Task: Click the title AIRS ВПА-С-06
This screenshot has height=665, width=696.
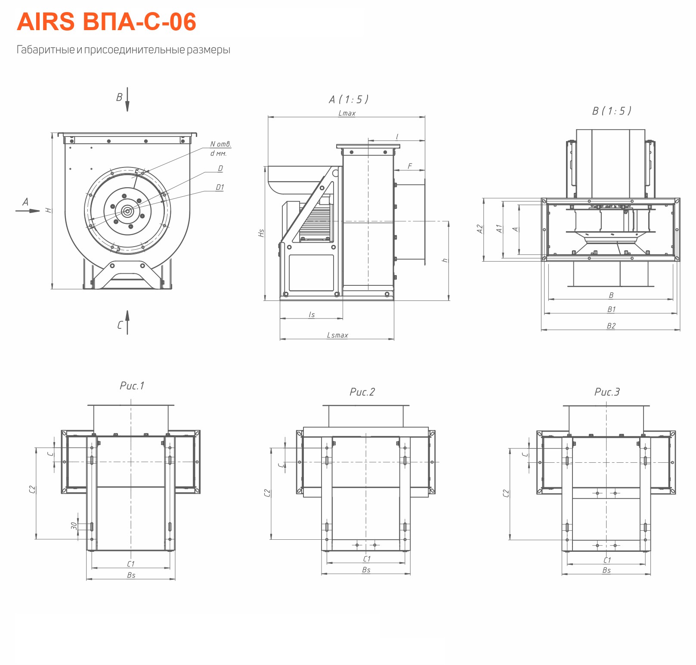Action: tap(106, 22)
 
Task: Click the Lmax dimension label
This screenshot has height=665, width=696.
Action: tap(347, 113)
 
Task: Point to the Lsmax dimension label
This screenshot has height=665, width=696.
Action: tap(337, 335)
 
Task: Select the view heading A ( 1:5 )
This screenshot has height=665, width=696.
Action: tap(349, 99)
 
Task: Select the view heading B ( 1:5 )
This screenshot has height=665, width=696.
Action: tap(612, 111)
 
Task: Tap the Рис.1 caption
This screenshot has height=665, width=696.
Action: tap(132, 386)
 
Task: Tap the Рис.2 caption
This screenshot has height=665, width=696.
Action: tap(362, 392)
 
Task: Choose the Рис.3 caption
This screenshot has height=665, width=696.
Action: tap(607, 392)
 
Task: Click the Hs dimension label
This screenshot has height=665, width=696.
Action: tap(261, 233)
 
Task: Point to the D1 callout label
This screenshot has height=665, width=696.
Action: tap(220, 187)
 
